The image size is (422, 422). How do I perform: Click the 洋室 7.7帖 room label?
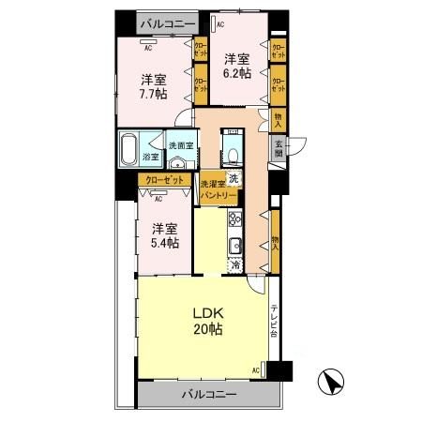pos(154,87)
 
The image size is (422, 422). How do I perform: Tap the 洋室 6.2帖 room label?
pos(236,66)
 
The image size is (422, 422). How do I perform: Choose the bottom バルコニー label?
pos(208,394)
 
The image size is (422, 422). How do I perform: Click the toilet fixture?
pos(232,153)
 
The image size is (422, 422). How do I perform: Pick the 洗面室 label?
pos(181,145)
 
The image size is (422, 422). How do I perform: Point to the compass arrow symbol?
pos(328,384)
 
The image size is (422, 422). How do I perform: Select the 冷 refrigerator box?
pos(235,265)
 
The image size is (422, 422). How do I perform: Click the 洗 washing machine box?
pos(235,180)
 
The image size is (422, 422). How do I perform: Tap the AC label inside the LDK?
pos(254,372)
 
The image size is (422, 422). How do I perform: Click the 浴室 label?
pos(150,157)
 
